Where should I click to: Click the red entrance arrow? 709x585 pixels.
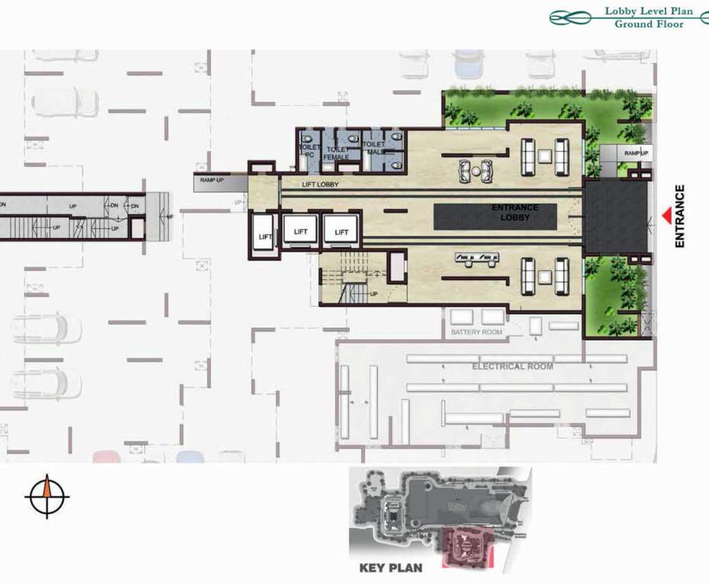667,217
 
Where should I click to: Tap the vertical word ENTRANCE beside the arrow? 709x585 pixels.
680,216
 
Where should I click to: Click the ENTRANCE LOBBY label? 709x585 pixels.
514,213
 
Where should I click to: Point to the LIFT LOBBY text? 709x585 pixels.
320,184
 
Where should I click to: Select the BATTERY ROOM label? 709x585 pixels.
477,333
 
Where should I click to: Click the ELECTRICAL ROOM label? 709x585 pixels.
513,366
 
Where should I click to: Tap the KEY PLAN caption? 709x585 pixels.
391,567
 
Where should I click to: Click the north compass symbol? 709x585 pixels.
47,495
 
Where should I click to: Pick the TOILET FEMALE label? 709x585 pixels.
337,153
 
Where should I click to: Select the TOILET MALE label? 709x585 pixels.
374,148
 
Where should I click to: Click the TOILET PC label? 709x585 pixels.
309,150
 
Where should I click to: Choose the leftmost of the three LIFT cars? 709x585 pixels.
265,235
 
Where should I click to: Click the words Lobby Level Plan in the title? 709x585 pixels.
649,11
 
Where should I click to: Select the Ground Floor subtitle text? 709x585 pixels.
649,24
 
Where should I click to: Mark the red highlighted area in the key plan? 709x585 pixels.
468,545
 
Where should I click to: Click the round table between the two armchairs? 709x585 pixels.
476,170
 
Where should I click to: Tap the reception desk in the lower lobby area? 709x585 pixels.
476,260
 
